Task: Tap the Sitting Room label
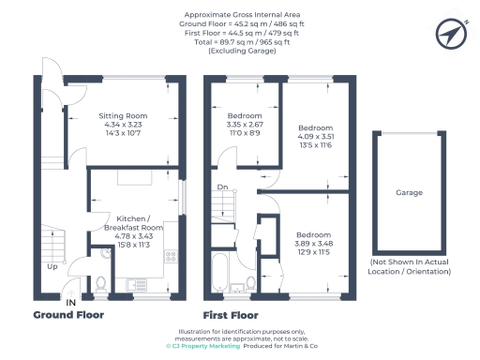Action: [x=137, y=116]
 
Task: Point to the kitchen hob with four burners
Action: [x=172, y=255]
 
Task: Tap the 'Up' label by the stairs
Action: [x=52, y=266]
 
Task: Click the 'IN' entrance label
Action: [x=70, y=303]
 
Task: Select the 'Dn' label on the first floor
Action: [x=221, y=187]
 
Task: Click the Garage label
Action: [x=409, y=193]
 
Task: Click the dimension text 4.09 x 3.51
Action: [x=315, y=136]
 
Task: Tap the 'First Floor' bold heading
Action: [x=231, y=316]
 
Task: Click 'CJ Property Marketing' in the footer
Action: [x=202, y=346]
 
